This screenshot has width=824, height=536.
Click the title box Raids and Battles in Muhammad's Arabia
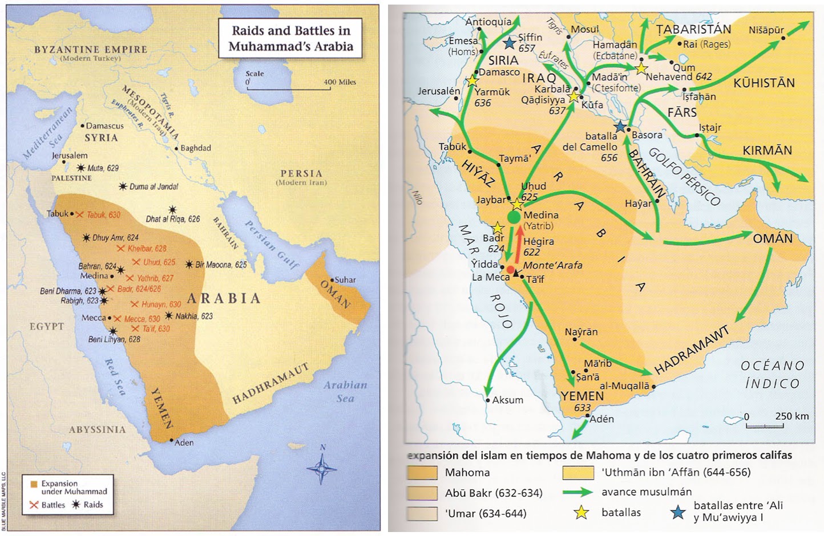290,38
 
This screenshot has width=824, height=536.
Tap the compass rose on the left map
322,468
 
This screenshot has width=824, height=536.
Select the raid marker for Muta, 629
81,168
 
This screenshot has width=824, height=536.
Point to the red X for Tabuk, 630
80,214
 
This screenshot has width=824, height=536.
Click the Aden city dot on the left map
171,440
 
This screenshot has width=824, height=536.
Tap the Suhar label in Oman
345,279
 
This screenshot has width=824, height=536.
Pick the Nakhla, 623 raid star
169,315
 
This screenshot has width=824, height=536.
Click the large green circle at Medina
514,217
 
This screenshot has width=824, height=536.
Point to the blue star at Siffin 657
510,43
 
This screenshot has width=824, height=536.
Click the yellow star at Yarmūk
472,81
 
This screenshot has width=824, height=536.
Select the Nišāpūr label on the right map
766,30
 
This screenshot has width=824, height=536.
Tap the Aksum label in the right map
507,400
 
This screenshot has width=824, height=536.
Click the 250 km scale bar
764,425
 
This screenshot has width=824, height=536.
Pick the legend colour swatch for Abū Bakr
422,493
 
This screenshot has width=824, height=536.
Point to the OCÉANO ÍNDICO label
772,374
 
